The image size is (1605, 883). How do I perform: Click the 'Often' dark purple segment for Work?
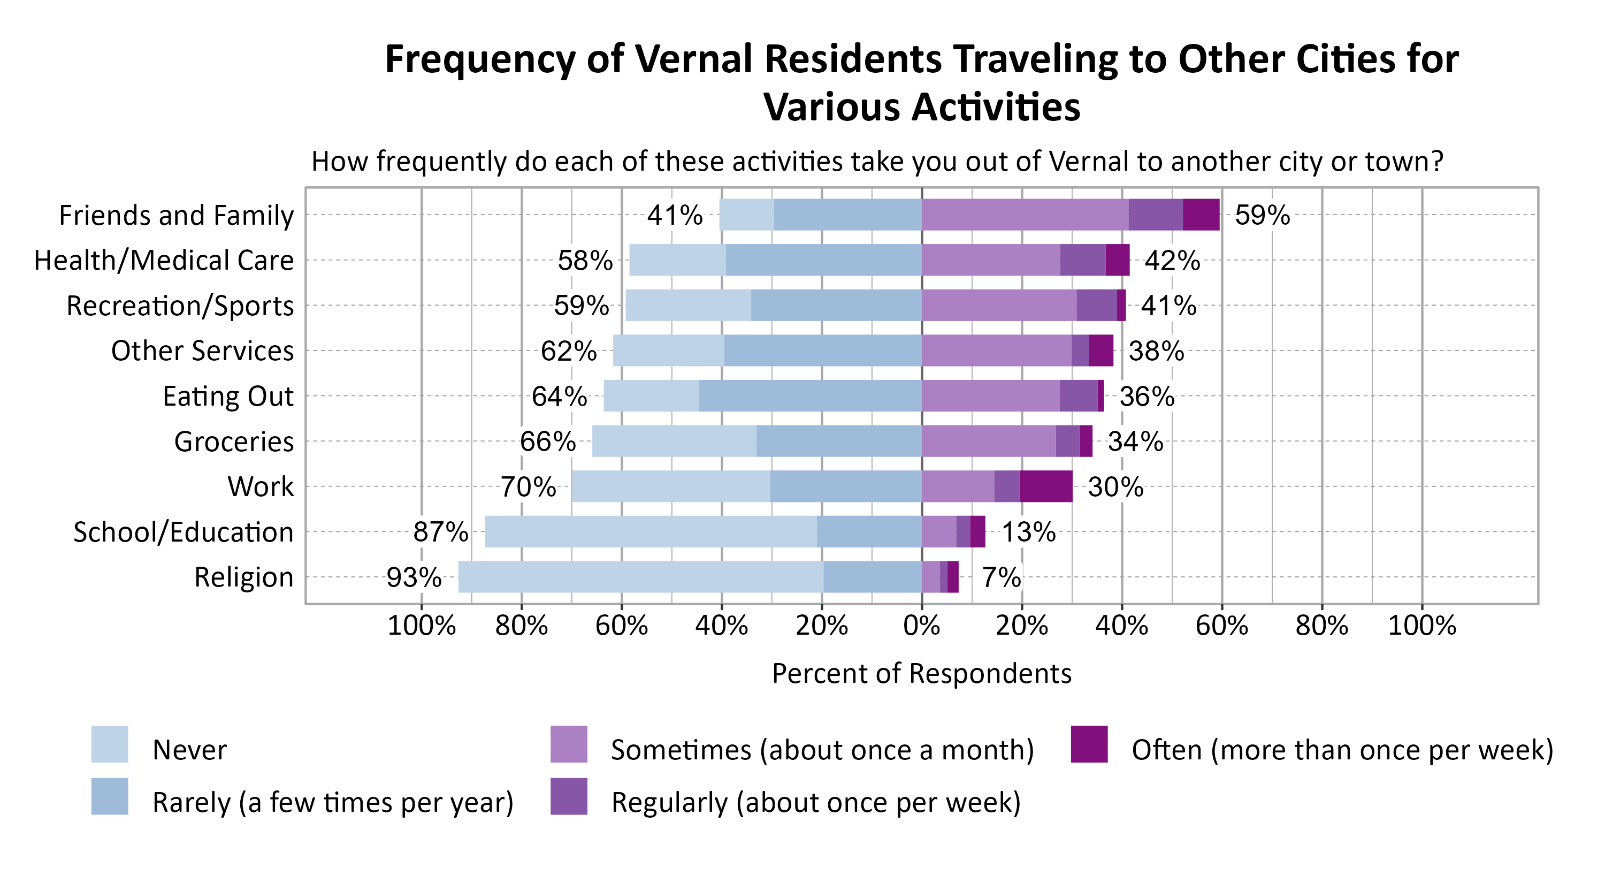coord(1045,486)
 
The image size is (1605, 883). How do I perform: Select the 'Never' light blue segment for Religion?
coord(640,576)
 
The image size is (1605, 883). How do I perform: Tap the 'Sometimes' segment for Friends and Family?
coord(1025,215)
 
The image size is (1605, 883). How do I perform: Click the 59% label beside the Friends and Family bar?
coord(1262,215)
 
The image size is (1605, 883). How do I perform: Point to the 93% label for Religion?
coord(414,577)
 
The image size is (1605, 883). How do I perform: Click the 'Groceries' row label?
coord(234,441)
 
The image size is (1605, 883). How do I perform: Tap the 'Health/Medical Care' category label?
coord(163,260)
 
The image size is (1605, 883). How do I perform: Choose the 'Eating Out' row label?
coord(227,395)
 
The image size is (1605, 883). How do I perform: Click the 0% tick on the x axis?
coord(921,625)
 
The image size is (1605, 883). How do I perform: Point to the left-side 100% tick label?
coord(421,625)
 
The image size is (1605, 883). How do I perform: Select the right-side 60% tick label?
coord(1221,625)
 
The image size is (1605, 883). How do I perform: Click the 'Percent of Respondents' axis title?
coord(921,674)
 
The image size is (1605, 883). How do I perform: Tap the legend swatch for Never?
coord(110,743)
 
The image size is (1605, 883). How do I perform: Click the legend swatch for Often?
coord(1089,743)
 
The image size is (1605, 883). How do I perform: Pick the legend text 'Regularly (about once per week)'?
coord(815,802)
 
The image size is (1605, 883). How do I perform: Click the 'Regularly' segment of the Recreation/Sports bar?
coord(1096,306)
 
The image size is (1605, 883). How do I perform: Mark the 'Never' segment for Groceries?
coord(674,441)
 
